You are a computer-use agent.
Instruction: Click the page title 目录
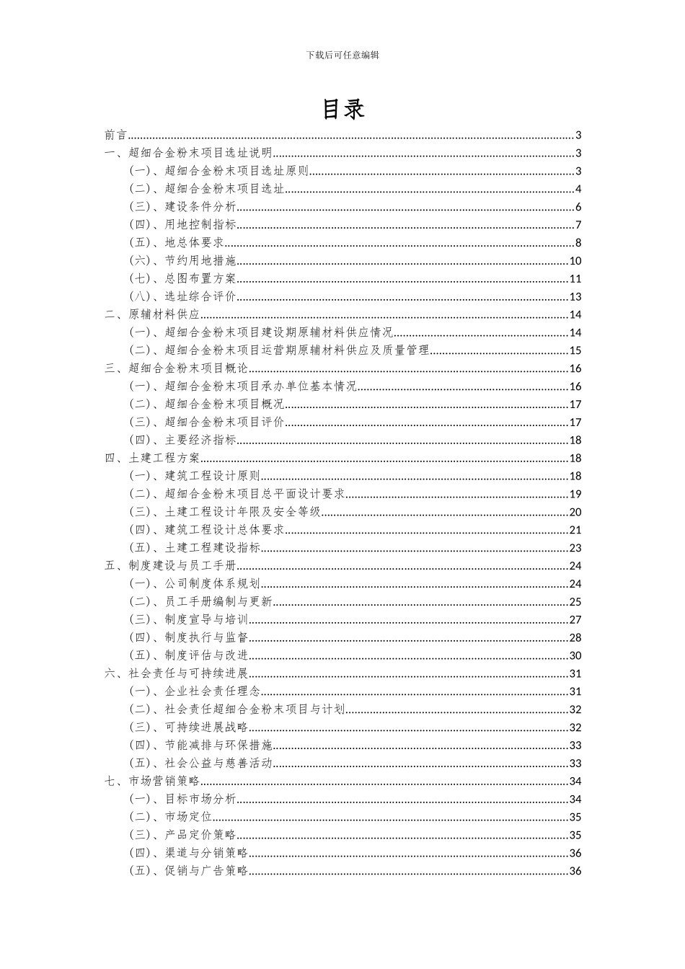(x=342, y=109)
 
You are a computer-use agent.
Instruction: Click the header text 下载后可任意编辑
(x=342, y=54)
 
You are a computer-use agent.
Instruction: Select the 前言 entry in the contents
(x=115, y=135)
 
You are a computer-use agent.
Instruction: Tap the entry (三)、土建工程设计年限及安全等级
(x=225, y=512)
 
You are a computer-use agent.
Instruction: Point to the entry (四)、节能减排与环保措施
(x=200, y=745)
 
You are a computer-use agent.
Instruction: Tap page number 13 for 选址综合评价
(x=575, y=296)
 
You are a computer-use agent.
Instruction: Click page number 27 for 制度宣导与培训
(x=575, y=619)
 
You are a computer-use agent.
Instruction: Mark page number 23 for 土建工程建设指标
(x=575, y=548)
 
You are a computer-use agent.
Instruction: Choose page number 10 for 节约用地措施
(x=575, y=261)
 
